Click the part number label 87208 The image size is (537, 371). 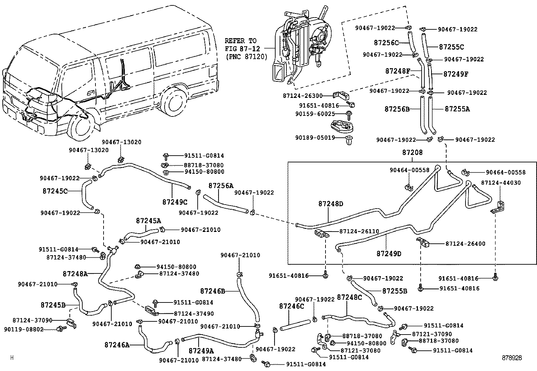[412, 153]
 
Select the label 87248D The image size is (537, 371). [331, 204]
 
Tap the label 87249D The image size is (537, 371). [389, 253]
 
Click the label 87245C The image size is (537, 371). [55, 191]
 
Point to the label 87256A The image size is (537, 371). [221, 186]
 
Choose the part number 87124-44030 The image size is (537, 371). [501, 183]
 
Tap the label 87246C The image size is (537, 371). [291, 306]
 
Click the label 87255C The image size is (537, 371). [451, 47]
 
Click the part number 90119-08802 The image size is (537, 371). [24, 329]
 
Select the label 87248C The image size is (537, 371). [349, 297]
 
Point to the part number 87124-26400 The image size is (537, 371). [465, 244]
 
